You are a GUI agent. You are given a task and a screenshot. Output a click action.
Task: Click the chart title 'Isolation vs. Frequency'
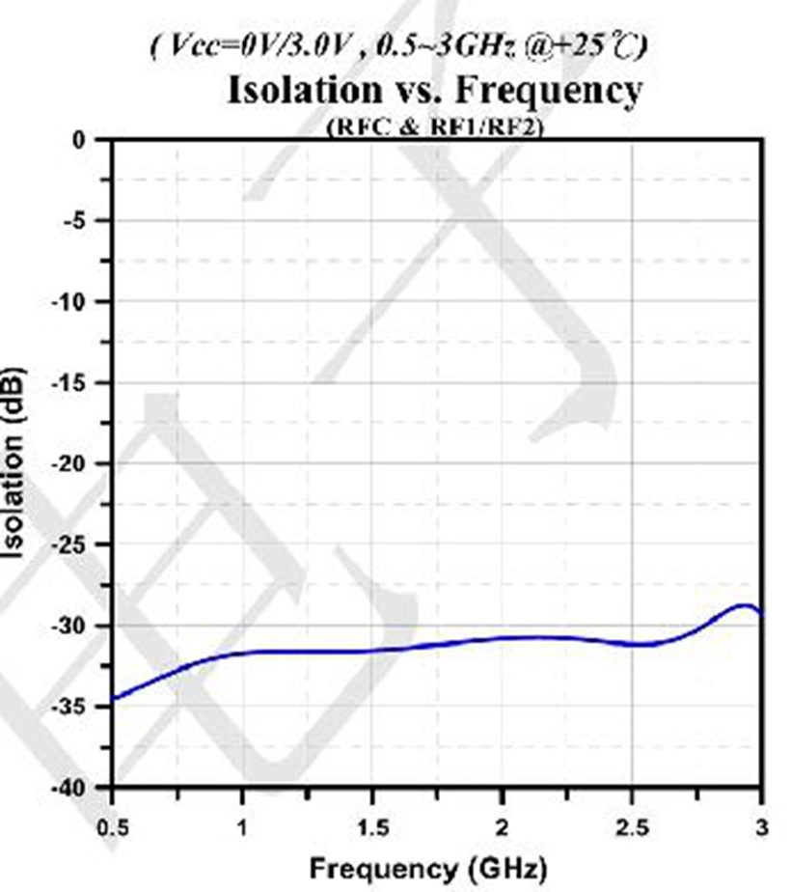[433, 91]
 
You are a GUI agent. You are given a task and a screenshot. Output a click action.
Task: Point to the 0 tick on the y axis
[79, 140]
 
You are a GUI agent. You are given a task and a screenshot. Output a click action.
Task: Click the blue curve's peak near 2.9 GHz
[746, 605]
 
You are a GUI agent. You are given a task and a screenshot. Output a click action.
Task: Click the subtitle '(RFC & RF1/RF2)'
[433, 126]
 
